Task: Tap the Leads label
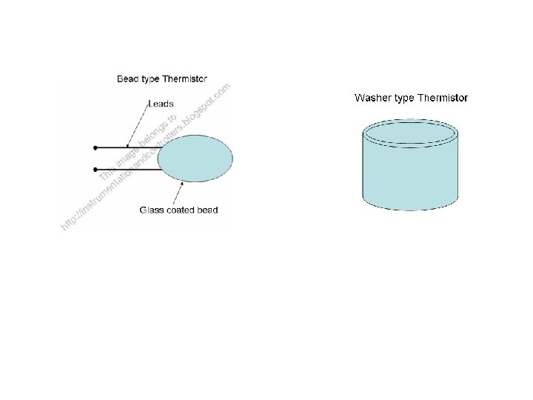click(x=160, y=104)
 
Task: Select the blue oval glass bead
click(x=195, y=156)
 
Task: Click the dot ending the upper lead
click(x=95, y=148)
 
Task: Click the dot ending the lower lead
click(x=95, y=170)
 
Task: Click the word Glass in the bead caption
click(x=151, y=210)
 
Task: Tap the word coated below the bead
click(x=179, y=210)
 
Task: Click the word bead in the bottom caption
click(x=207, y=210)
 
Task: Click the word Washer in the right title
click(x=372, y=98)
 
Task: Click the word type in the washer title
click(x=404, y=99)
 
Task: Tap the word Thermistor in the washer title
click(x=443, y=98)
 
